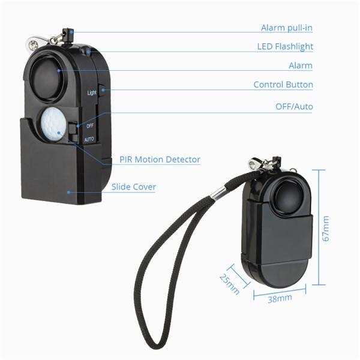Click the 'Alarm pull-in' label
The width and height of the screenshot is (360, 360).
287,28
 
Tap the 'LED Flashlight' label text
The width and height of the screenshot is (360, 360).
285,47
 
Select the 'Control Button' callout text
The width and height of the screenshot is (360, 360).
283,85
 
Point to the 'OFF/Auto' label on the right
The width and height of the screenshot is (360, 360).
294,107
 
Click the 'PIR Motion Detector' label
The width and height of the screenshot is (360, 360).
160,160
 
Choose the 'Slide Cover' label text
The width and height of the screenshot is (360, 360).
134,187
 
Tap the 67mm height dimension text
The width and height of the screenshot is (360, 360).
326,229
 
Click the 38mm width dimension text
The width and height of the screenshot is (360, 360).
280,299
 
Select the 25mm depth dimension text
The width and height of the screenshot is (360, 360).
229,284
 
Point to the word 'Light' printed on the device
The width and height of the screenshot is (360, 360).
92,92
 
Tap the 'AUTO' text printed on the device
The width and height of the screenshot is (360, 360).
89,139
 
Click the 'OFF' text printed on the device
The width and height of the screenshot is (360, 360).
90,126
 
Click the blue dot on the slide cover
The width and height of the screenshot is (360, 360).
68,192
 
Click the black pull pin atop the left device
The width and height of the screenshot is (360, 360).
68,36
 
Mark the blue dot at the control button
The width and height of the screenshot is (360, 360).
103,90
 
